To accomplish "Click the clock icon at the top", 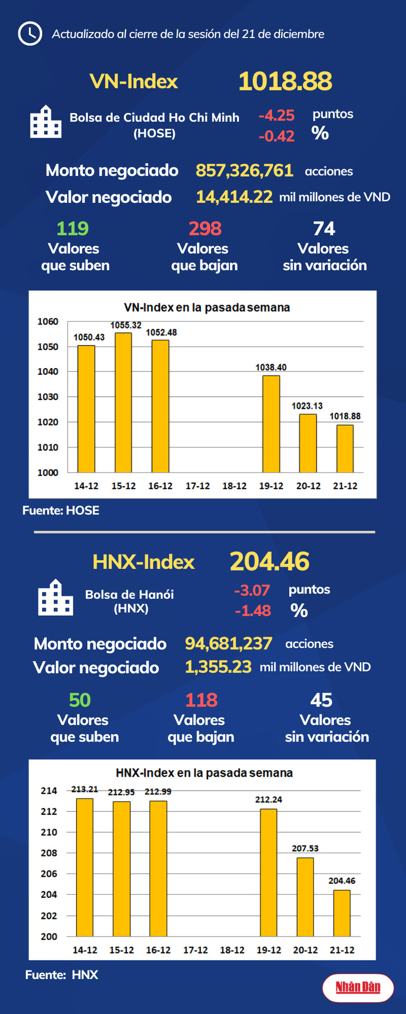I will click(30, 34).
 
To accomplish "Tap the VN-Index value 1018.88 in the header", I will click(285, 82).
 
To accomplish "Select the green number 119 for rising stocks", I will click(72, 228).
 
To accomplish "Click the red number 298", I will click(205, 228).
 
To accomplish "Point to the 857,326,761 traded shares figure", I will click(244, 170).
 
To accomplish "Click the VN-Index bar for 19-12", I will click(271, 424).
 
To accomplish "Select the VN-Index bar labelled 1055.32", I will click(123, 403).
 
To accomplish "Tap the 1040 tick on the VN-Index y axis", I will click(48, 372).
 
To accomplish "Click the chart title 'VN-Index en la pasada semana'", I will click(207, 308).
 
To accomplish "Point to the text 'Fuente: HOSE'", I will click(61, 510).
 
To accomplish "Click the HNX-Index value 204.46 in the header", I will click(269, 562).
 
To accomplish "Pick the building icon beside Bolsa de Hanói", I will click(56, 598).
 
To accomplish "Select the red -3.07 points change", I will click(252, 590).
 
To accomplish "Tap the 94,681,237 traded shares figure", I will click(228, 643).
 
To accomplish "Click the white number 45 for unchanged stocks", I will click(321, 700).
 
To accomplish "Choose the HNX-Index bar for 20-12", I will click(305, 897).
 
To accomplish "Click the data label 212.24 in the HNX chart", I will click(268, 799).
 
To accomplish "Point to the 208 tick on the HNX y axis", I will click(49, 853).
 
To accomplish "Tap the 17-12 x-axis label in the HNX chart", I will click(195, 950).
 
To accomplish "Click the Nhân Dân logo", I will click(358, 987).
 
